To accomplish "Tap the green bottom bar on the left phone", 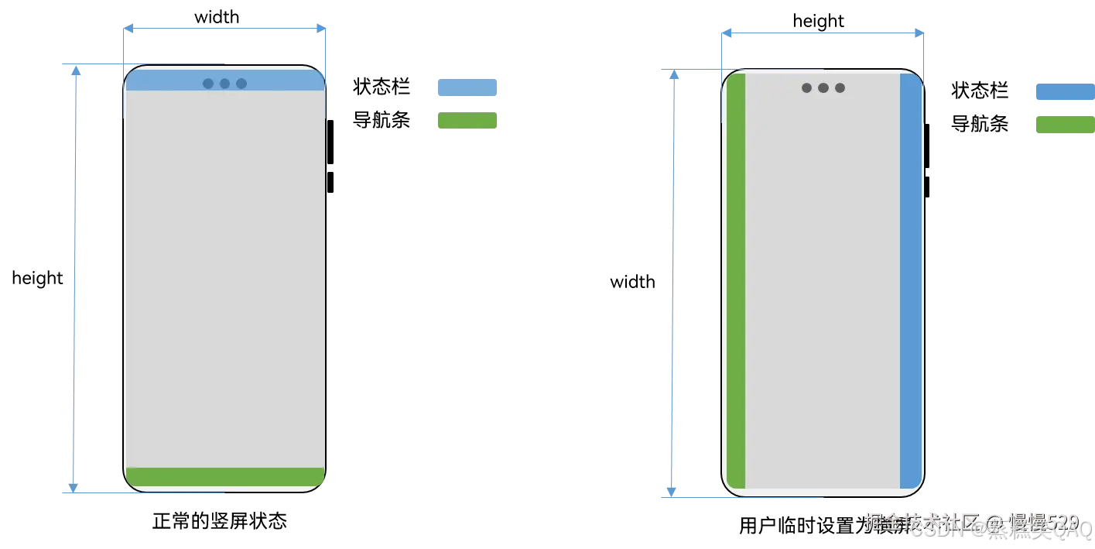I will pyautogui.click(x=224, y=477).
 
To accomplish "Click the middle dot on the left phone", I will pyautogui.click(x=224, y=84).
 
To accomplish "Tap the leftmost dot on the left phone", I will pyautogui.click(x=208, y=84).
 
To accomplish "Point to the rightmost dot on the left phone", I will pyautogui.click(x=241, y=84).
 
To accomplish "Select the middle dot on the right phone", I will pyautogui.click(x=823, y=88).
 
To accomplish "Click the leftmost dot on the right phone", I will pyautogui.click(x=806, y=88).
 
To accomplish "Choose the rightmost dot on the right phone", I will pyautogui.click(x=840, y=88).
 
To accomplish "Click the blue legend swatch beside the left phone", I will pyautogui.click(x=467, y=87).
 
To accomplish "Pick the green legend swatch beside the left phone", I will pyautogui.click(x=467, y=120).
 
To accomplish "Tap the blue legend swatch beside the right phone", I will pyautogui.click(x=1065, y=92).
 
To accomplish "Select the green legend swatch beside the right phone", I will pyautogui.click(x=1065, y=125).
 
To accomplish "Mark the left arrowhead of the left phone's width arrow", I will pyautogui.click(x=128, y=29).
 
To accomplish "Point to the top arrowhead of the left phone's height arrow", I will pyautogui.click(x=76, y=70).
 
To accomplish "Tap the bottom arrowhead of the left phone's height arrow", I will pyautogui.click(x=73, y=487).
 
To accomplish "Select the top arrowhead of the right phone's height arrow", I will pyautogui.click(x=674, y=75).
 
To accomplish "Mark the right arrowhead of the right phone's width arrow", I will pyautogui.click(x=919, y=33).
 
